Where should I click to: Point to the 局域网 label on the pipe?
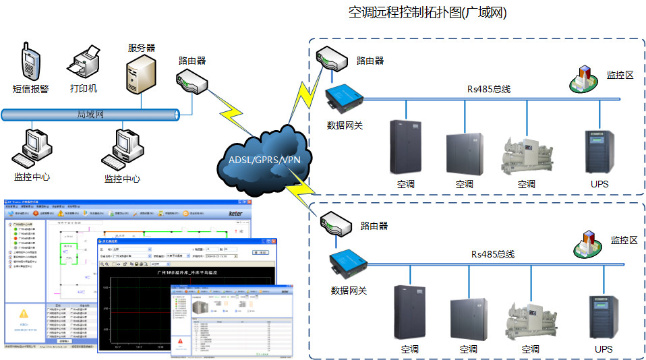90,115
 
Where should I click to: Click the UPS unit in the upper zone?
599,151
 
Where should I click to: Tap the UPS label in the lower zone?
604,349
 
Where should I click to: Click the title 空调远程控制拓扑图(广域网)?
428,13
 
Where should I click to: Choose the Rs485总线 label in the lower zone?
492,254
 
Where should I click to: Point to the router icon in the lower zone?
335,224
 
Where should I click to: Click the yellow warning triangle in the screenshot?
24,313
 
